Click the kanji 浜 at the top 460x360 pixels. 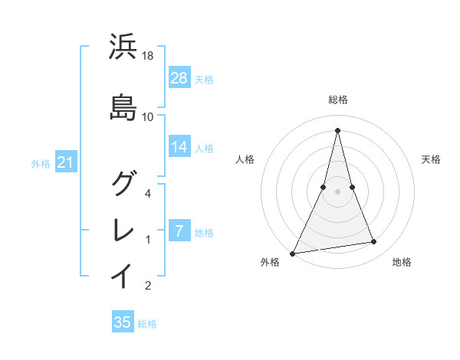point(123,47)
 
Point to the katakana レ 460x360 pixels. point(123,228)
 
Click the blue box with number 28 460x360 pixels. point(179,78)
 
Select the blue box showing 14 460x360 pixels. point(179,147)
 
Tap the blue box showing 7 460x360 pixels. point(179,231)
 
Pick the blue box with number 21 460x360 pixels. point(65,162)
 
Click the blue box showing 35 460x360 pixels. point(123,322)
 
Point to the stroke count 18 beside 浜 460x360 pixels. point(149,56)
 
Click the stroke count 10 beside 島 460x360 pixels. point(148,117)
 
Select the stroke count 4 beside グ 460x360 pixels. point(149,194)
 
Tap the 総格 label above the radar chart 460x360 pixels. point(337,100)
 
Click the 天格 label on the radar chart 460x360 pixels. point(432,159)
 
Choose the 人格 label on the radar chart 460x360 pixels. point(245,159)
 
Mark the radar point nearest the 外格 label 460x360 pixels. point(292,253)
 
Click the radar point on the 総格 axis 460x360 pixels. point(337,129)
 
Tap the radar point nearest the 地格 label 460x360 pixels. point(374,242)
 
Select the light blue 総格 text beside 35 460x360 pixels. point(147,324)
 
